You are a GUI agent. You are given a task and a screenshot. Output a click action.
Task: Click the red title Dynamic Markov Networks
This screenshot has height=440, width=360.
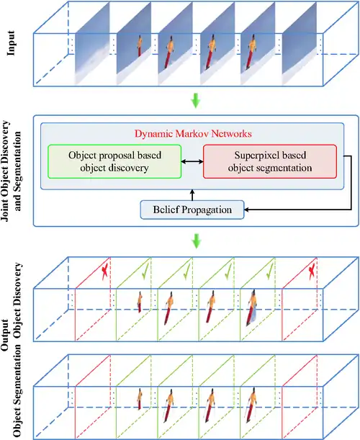coord(193,133)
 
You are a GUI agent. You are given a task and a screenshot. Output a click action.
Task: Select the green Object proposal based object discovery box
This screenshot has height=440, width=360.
coord(114,161)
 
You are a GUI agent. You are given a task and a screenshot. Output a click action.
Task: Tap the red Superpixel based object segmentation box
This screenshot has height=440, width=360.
coord(270,161)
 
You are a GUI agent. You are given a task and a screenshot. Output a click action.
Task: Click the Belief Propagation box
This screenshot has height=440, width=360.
coord(192,210)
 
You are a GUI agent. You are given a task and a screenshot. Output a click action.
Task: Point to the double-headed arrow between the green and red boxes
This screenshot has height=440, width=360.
coord(192,161)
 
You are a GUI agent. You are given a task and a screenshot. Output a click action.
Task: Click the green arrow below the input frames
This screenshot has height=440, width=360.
coord(196,101)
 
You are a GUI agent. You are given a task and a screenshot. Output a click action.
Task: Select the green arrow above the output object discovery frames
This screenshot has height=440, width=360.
coord(196,241)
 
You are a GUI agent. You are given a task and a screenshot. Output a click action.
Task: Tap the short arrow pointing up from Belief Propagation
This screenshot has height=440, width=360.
coord(192,195)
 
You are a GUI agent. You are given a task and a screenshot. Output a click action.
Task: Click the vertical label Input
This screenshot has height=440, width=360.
coord(11,43)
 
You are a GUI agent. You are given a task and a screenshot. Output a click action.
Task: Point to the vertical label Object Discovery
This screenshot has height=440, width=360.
coord(18,300)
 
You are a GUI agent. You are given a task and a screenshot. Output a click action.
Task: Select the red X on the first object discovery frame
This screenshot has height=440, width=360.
coord(104,271)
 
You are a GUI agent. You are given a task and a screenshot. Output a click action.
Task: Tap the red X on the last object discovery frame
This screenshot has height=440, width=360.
coord(312,271)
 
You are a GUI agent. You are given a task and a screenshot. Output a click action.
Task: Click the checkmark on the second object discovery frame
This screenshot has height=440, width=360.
coord(145,271)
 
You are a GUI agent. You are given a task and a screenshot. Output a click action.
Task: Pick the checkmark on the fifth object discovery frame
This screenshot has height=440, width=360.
coord(269,271)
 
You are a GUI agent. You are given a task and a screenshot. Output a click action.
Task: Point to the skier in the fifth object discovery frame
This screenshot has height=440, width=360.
coord(252,307)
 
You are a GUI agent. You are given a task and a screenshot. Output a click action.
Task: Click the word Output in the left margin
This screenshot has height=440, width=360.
coord(5,334)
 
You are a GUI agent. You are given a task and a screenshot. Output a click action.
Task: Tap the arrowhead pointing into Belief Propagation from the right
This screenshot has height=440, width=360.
coord(246,210)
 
